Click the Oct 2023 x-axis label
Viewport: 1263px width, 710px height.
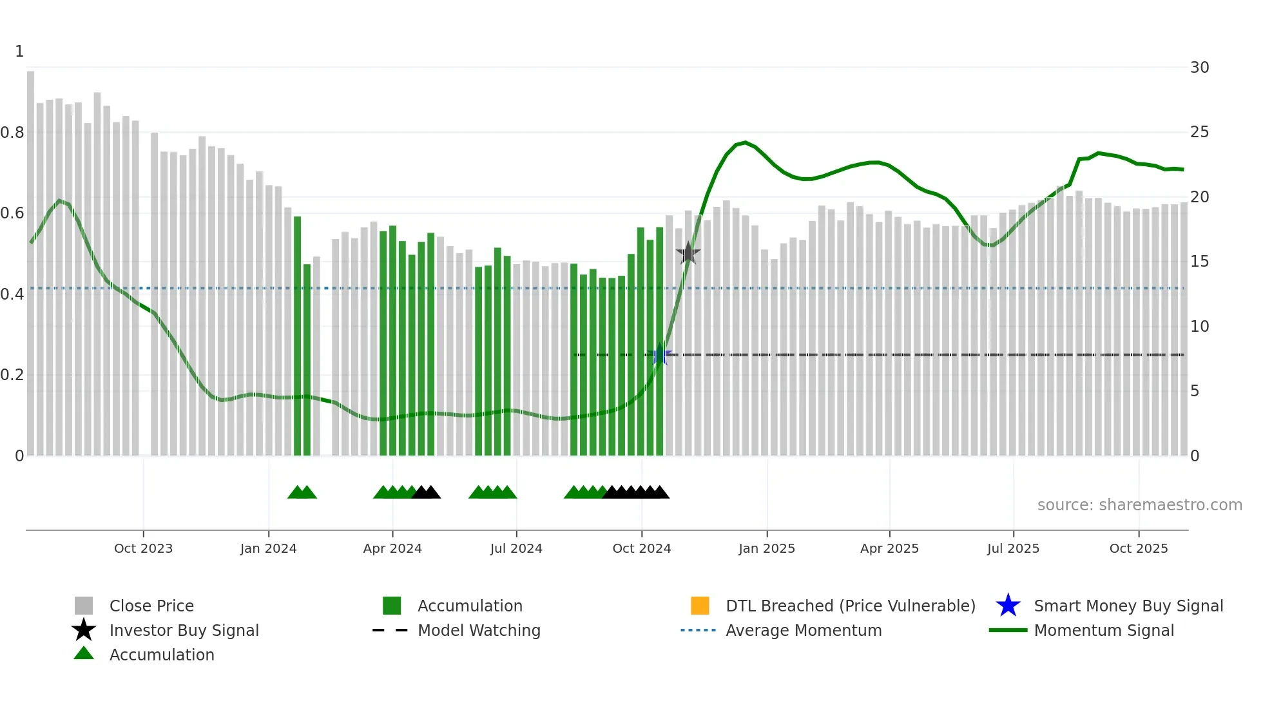click(x=143, y=548)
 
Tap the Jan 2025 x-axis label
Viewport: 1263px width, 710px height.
click(x=766, y=548)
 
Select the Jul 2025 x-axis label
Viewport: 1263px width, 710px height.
click(x=1013, y=548)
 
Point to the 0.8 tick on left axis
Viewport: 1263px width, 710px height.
click(x=12, y=133)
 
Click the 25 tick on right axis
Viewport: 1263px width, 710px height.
click(x=1199, y=132)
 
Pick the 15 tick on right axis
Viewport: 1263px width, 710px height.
click(x=1199, y=262)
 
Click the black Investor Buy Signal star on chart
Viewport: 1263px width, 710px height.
click(x=688, y=253)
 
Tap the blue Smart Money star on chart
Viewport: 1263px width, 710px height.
click(x=659, y=355)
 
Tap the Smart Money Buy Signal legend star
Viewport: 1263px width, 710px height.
click(x=1008, y=606)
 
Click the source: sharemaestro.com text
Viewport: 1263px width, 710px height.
click(x=1139, y=505)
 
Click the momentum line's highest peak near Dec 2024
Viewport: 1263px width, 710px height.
click(x=745, y=142)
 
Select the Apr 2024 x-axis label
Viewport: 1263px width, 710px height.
click(x=392, y=548)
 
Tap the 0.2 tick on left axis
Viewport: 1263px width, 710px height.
click(x=12, y=375)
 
